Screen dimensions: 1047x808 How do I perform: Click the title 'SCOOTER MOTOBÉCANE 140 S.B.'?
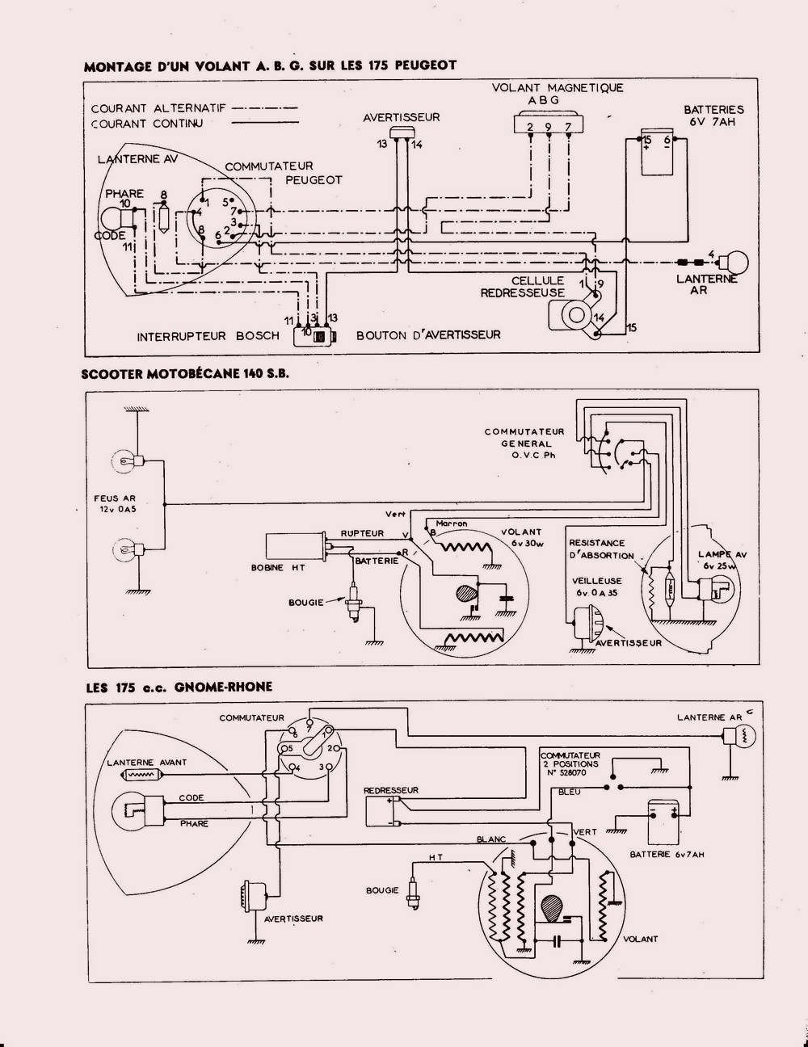click(x=185, y=375)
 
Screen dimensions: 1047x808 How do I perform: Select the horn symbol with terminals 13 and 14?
click(x=401, y=132)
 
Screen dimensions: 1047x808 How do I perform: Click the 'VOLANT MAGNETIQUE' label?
click(x=558, y=88)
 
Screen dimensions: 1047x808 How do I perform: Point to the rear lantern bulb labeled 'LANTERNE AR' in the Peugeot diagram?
click(x=736, y=262)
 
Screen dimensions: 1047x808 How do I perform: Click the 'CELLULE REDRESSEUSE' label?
click(x=523, y=287)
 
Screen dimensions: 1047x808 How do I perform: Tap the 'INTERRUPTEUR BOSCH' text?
click(x=208, y=335)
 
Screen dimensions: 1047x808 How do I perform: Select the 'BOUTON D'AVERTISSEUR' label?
click(x=428, y=335)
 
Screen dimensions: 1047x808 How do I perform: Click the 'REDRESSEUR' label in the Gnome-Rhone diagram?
click(x=391, y=789)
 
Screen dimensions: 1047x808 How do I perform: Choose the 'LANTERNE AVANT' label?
click(x=147, y=762)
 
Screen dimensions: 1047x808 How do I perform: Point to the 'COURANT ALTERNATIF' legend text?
click(x=158, y=107)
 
